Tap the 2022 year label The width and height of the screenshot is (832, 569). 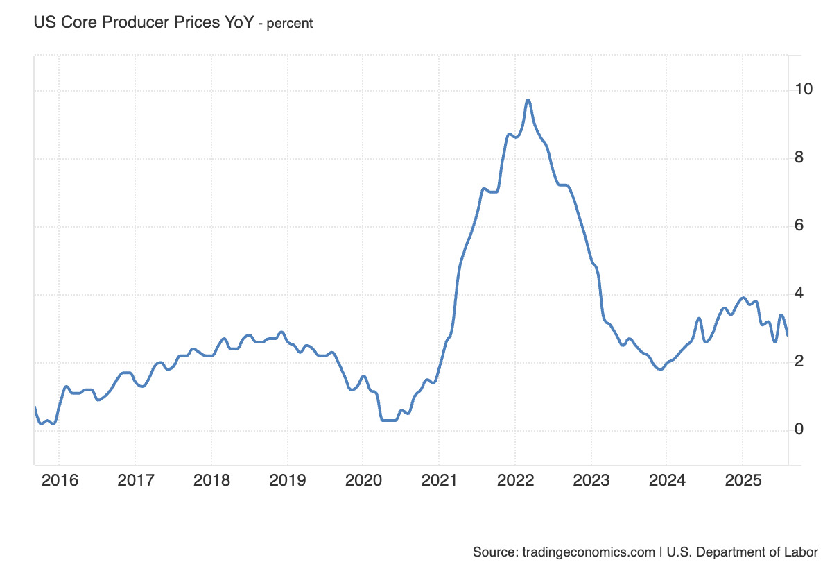tap(514, 479)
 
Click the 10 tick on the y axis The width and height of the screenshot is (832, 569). tap(804, 90)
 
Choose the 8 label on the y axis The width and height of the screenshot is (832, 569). tap(799, 158)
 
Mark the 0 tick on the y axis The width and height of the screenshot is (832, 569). tap(799, 430)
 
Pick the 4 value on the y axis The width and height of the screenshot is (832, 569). tap(799, 294)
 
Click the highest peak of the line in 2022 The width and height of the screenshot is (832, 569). tap(528, 100)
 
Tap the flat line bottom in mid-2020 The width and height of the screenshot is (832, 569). tap(388, 420)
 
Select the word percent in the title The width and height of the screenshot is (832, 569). tap(290, 23)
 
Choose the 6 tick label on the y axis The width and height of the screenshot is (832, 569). tap(799, 226)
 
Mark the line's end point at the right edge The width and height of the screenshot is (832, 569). tap(788, 334)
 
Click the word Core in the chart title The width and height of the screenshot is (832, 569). tap(73, 22)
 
